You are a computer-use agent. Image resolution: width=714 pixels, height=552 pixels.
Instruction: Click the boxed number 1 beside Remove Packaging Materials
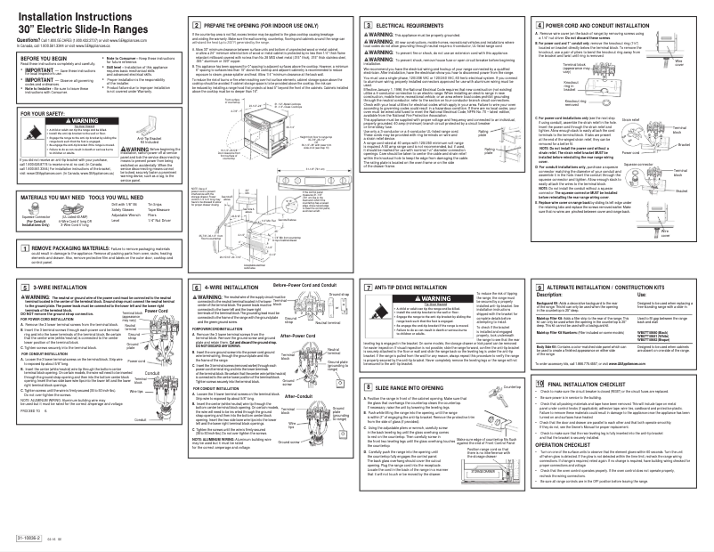11,248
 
